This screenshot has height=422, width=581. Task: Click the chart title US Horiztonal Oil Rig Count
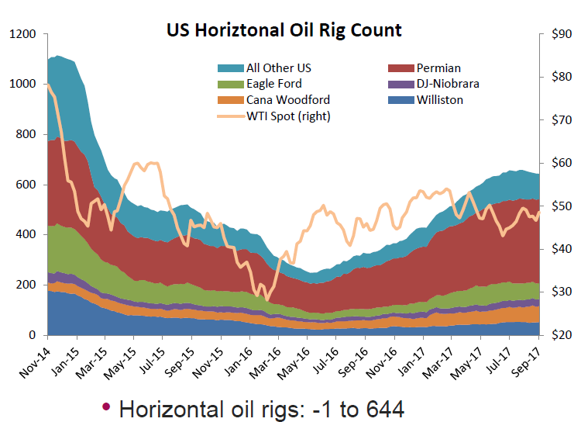[x=284, y=30]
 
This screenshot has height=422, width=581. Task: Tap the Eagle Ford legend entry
[x=273, y=84]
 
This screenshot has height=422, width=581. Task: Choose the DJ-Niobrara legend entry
[x=446, y=84]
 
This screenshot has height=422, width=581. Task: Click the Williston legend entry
[x=438, y=100]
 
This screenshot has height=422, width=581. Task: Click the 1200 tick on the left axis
[x=22, y=34]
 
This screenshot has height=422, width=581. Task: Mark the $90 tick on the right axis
[x=560, y=34]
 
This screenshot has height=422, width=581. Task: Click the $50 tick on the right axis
[x=560, y=206]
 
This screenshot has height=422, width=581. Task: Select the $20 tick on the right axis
[x=560, y=335]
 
